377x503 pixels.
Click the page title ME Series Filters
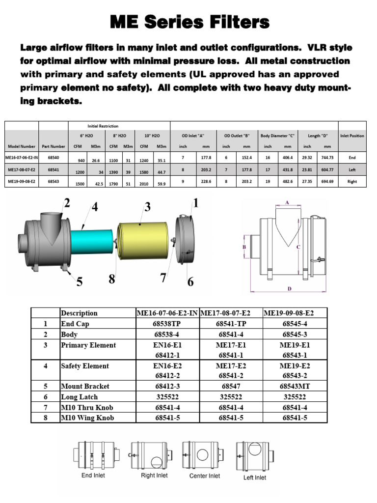189,22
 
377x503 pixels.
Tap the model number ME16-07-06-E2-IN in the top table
21,158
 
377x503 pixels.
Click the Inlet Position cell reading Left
352,170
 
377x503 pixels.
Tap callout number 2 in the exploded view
67,202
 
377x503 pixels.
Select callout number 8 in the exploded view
112,279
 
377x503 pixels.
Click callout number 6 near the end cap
190,281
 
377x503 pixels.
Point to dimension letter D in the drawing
290,289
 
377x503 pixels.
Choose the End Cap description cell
75,324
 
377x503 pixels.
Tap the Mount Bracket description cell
85,386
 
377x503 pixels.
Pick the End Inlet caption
93,475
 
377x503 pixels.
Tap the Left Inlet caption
255,477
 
